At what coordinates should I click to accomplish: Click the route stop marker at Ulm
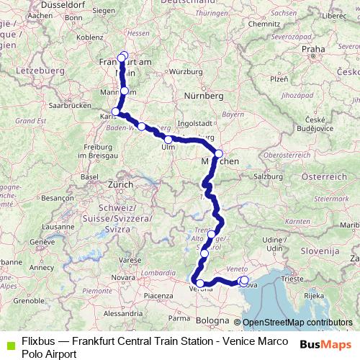[168, 140]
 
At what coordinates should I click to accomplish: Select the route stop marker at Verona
[200, 283]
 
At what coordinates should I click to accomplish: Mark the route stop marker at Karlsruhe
[116, 112]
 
